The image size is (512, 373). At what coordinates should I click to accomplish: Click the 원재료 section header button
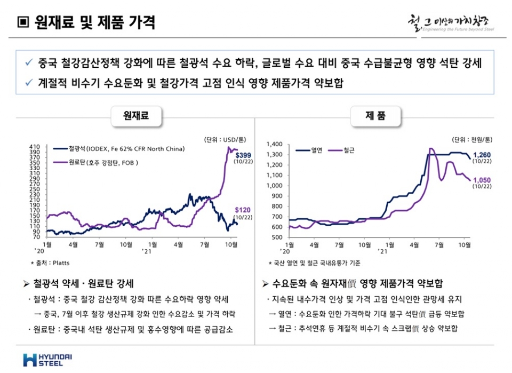137,115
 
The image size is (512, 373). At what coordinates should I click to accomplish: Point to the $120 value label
243,210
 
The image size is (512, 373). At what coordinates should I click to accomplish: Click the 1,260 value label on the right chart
482,155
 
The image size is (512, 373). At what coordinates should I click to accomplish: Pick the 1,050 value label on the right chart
482,180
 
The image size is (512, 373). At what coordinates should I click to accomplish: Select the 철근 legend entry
343,150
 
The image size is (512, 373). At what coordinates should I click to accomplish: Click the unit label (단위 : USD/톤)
223,139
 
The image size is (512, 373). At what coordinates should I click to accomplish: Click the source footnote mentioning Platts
50,263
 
